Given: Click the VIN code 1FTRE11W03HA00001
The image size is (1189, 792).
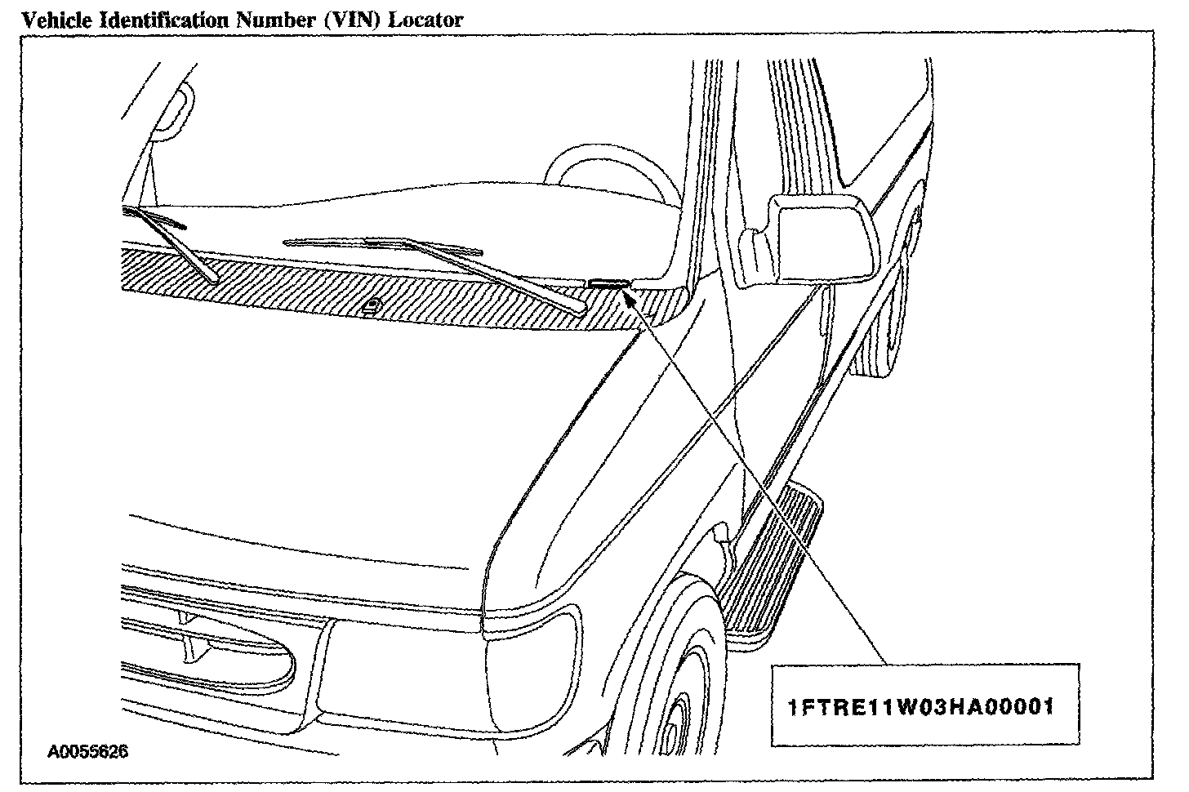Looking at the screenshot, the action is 921,706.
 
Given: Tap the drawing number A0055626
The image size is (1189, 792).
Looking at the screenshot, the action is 87,750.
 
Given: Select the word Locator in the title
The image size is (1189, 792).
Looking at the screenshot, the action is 425,20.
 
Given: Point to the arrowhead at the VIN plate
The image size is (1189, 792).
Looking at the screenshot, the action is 629,293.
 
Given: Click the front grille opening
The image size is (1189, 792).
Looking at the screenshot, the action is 212,653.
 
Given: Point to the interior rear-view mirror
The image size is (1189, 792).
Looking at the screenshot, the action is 174,110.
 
